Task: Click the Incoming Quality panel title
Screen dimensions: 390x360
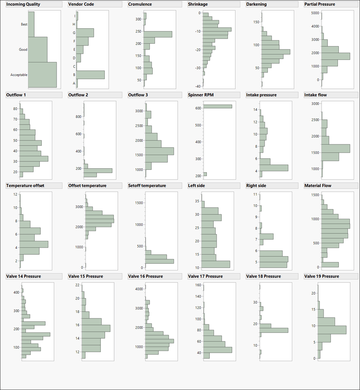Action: click(23, 4)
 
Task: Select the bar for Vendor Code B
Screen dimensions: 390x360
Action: click(90, 75)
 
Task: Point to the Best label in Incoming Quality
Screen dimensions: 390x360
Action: click(24, 24)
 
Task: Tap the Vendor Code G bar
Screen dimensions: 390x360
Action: click(85, 33)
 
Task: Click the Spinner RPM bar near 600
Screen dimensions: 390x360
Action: click(217, 106)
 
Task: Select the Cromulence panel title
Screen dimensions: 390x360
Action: click(140, 4)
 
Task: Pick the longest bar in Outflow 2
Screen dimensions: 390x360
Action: click(98, 170)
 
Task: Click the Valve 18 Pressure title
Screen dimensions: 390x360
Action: click(264, 276)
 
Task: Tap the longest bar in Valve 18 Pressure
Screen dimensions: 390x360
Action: click(274, 330)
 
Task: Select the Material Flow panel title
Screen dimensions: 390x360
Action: click(318, 186)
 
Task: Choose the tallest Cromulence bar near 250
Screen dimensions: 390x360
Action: click(157, 34)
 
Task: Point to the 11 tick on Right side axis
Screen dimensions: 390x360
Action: click(256, 194)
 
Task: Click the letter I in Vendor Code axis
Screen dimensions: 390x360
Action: click(74, 16)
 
